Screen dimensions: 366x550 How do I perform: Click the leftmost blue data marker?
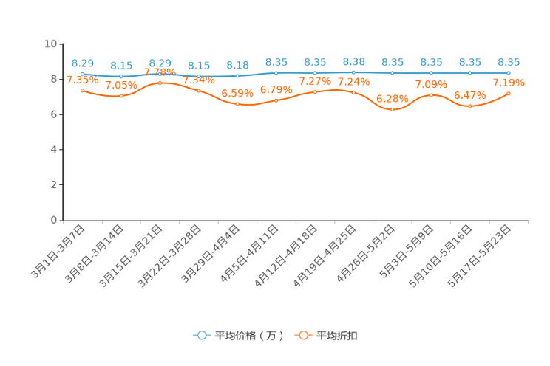[x=82, y=74]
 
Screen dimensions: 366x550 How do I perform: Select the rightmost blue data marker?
[x=509, y=72]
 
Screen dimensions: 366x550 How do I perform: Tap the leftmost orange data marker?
[x=82, y=90]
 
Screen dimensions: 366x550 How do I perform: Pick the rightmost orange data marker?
[x=509, y=93]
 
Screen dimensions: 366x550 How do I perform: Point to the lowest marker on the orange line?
[x=392, y=109]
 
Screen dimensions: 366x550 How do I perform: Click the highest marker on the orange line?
[x=160, y=82]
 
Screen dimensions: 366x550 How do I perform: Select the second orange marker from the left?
[x=121, y=96]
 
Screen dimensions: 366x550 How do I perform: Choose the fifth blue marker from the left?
[x=237, y=75]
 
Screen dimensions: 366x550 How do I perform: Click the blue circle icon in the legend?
[x=202, y=335]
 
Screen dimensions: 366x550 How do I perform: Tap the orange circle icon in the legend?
[x=302, y=335]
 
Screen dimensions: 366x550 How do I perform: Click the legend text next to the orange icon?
[x=337, y=336]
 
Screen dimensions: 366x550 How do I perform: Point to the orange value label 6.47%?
[x=469, y=95]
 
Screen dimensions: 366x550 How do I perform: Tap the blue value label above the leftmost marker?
[x=82, y=63]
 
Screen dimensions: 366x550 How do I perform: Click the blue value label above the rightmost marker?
[x=509, y=62]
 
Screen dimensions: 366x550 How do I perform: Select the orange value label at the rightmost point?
[x=509, y=82]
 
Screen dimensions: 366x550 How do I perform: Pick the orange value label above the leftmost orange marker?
[x=82, y=80]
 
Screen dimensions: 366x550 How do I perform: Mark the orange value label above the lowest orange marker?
[x=392, y=98]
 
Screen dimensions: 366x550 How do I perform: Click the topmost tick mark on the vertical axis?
[x=61, y=44]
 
